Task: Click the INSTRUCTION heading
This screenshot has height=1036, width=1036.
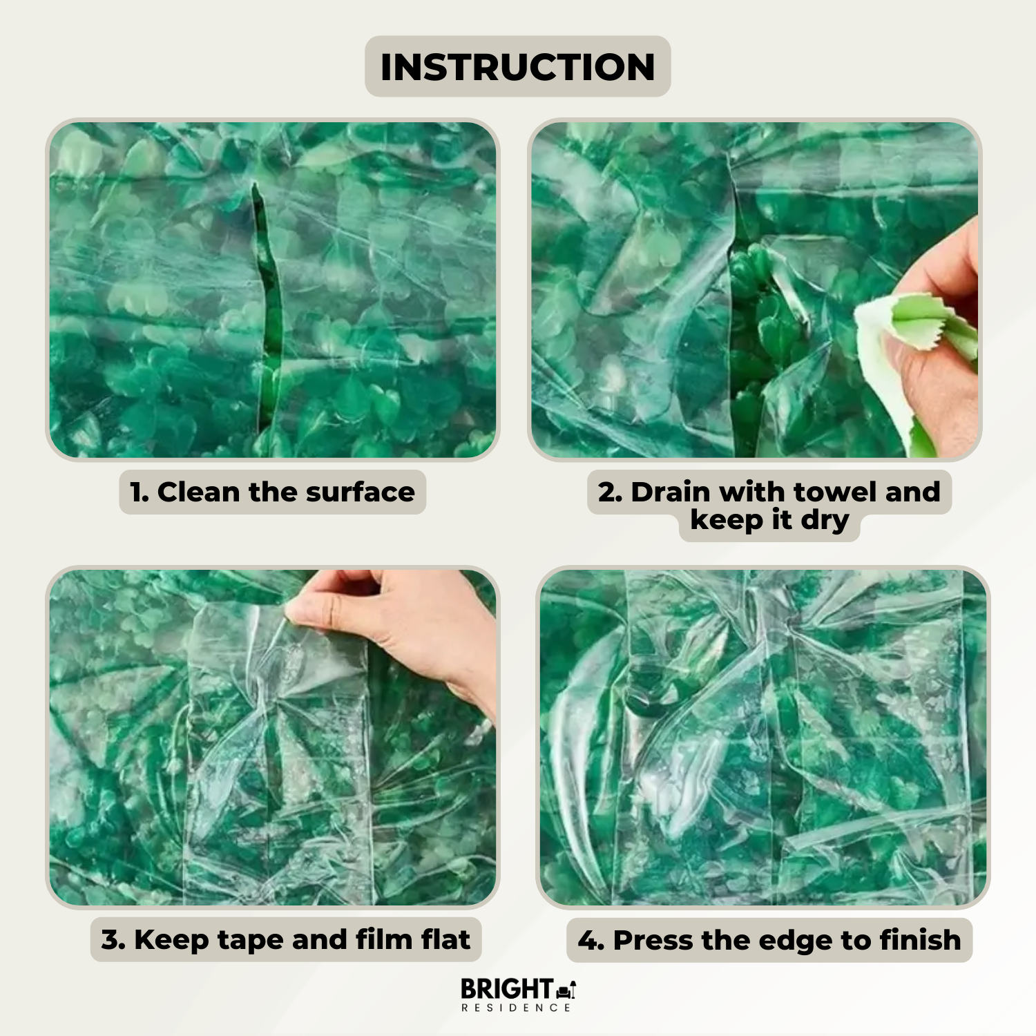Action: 517,67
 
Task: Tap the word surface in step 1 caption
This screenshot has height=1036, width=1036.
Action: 361,492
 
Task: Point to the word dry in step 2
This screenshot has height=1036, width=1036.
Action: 825,521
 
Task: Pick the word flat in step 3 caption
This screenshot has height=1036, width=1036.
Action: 446,939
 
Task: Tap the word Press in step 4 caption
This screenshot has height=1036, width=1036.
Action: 653,941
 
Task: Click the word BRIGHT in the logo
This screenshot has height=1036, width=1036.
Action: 506,988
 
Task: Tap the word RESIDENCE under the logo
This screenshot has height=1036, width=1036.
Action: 517,1008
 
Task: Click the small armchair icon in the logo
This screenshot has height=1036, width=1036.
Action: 566,990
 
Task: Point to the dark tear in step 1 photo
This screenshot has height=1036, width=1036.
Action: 268,304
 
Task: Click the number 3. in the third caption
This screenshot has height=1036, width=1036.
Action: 113,940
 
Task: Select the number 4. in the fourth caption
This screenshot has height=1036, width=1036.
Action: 591,941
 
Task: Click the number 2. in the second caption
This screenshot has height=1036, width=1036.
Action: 611,492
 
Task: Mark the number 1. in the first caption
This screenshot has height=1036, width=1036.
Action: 140,492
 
